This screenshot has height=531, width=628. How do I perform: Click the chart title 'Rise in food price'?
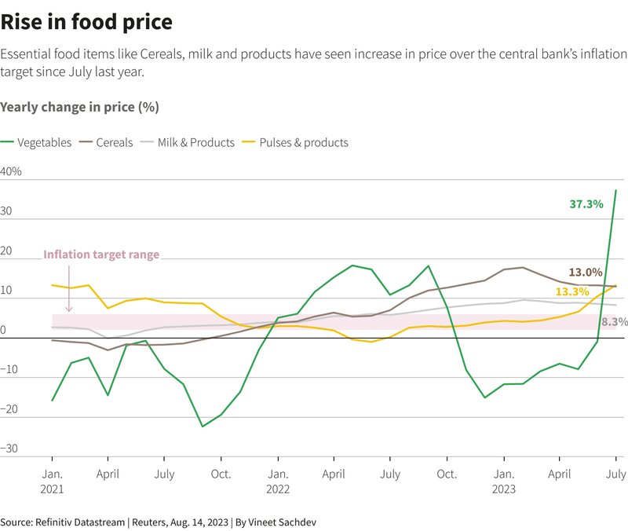(x=86, y=22)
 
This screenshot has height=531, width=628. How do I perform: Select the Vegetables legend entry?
(x=36, y=142)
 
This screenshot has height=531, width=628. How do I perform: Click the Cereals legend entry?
(x=106, y=142)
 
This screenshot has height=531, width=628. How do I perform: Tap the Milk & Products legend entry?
(x=188, y=142)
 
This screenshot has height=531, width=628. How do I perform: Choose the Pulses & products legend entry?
(x=295, y=142)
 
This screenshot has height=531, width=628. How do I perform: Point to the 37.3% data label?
(x=586, y=204)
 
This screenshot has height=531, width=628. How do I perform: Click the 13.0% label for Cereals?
(x=586, y=272)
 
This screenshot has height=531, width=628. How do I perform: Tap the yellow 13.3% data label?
(x=572, y=291)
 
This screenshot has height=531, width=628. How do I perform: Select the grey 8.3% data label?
(x=615, y=321)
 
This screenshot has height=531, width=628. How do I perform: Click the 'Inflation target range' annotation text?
(x=101, y=255)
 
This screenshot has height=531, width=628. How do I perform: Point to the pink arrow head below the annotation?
(x=69, y=309)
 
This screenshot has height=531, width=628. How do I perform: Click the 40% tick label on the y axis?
(x=11, y=171)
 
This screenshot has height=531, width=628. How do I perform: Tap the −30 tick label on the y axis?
(x=9, y=448)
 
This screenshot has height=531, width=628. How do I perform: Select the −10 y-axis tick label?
(x=9, y=369)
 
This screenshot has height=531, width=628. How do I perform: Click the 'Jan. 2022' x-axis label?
(x=278, y=482)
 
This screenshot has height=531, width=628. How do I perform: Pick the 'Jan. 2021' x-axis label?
(x=52, y=482)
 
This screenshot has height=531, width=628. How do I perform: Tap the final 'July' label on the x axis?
(x=616, y=474)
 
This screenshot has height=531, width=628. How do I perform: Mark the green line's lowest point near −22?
(x=203, y=427)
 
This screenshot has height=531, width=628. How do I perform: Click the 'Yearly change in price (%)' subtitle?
(x=80, y=107)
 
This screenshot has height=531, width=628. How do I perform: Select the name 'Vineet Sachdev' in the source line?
(x=282, y=522)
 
